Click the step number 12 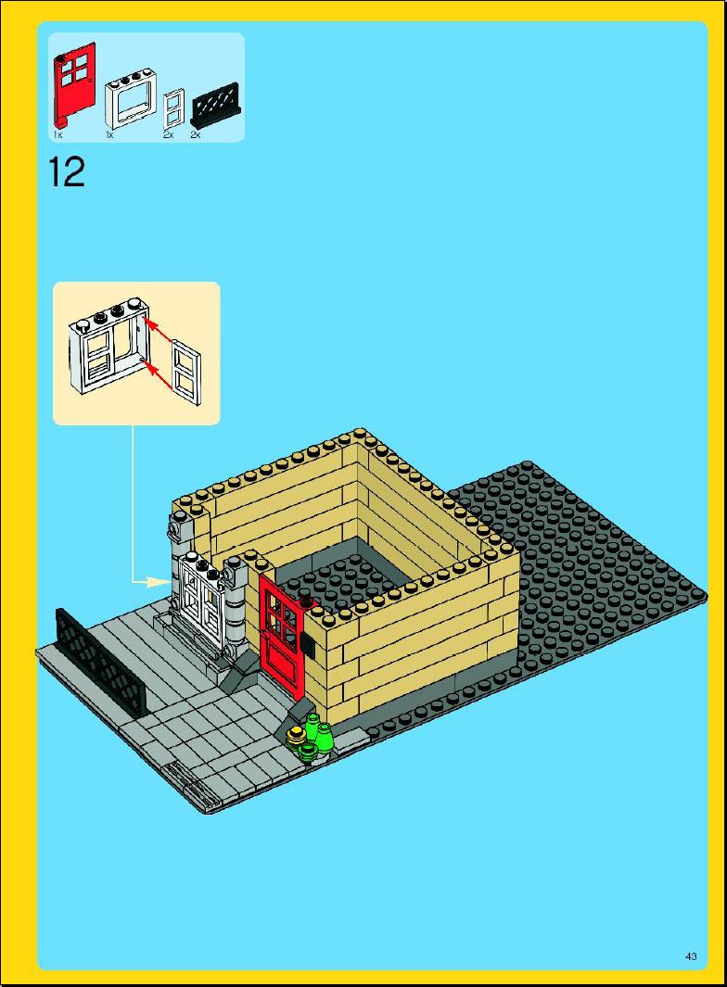click(x=66, y=172)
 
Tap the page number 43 click(x=691, y=956)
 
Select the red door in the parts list click(x=73, y=82)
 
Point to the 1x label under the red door click(x=57, y=134)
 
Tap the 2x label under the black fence click(x=196, y=134)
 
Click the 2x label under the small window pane click(x=168, y=134)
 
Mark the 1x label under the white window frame click(x=109, y=134)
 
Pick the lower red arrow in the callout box click(x=160, y=376)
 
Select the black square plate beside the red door click(x=309, y=645)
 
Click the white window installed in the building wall click(x=201, y=603)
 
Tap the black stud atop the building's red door click(x=307, y=602)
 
